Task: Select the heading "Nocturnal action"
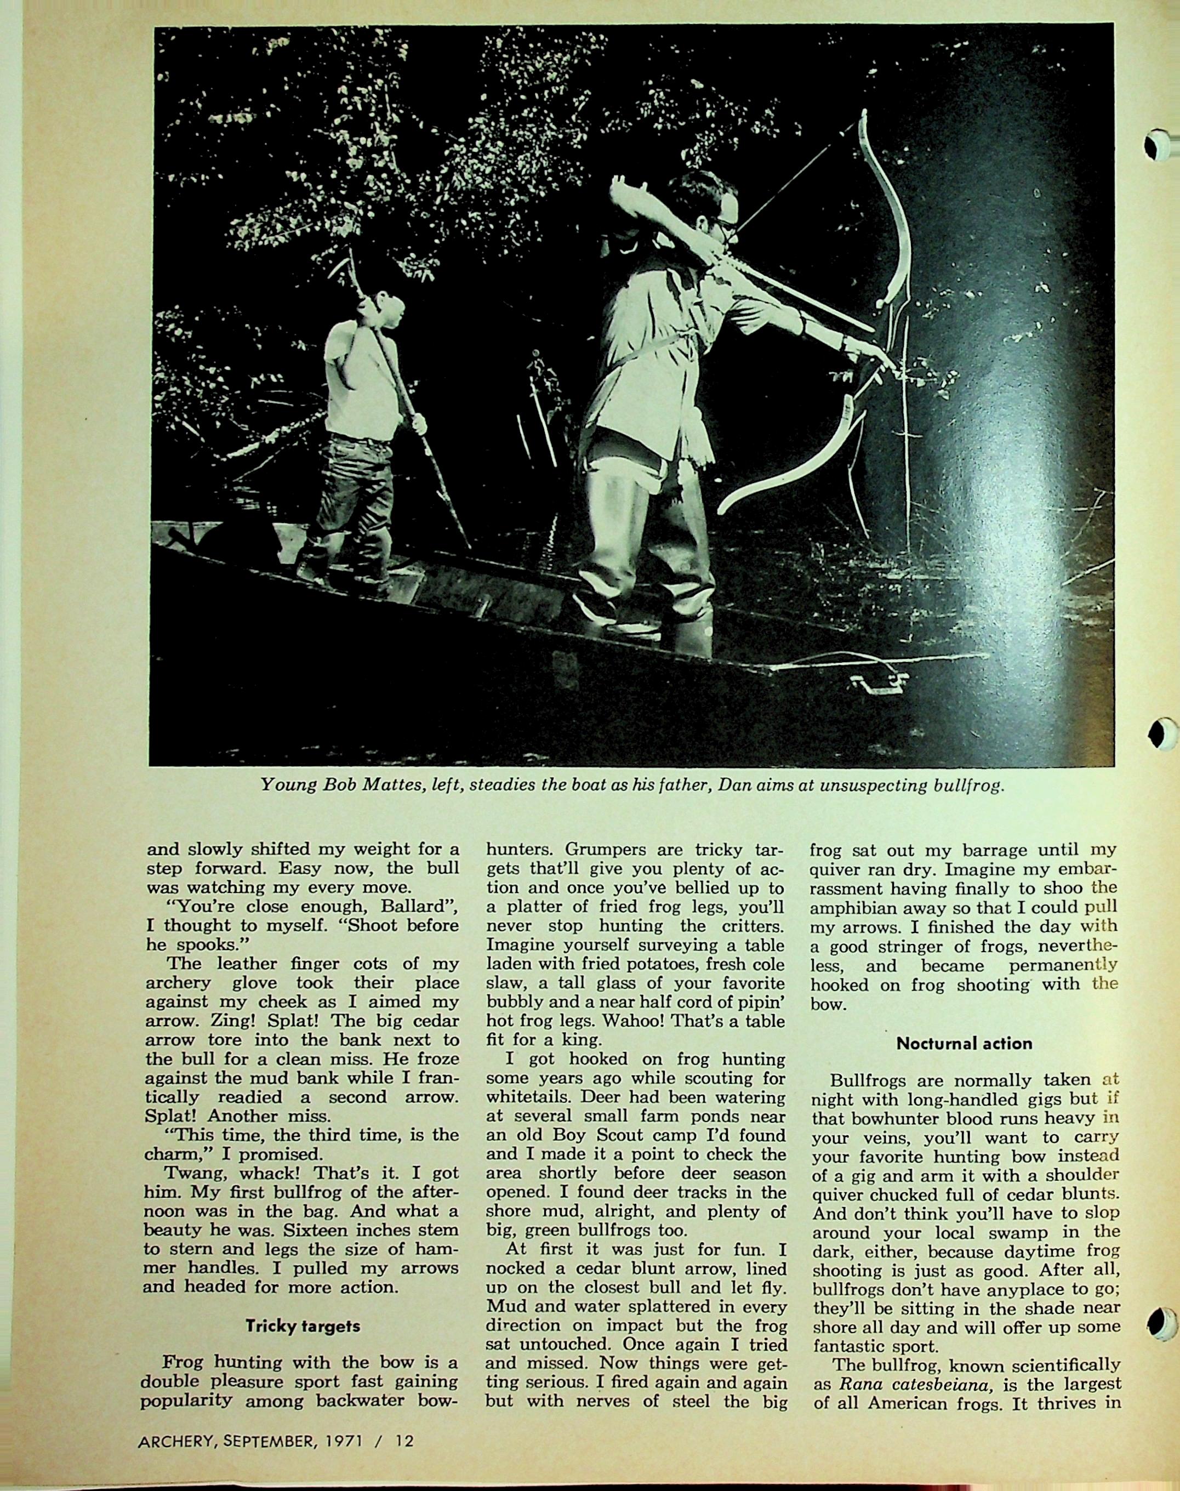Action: (x=964, y=1043)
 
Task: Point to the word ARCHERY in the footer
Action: (x=173, y=1441)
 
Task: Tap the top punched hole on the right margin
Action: (x=1159, y=146)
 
